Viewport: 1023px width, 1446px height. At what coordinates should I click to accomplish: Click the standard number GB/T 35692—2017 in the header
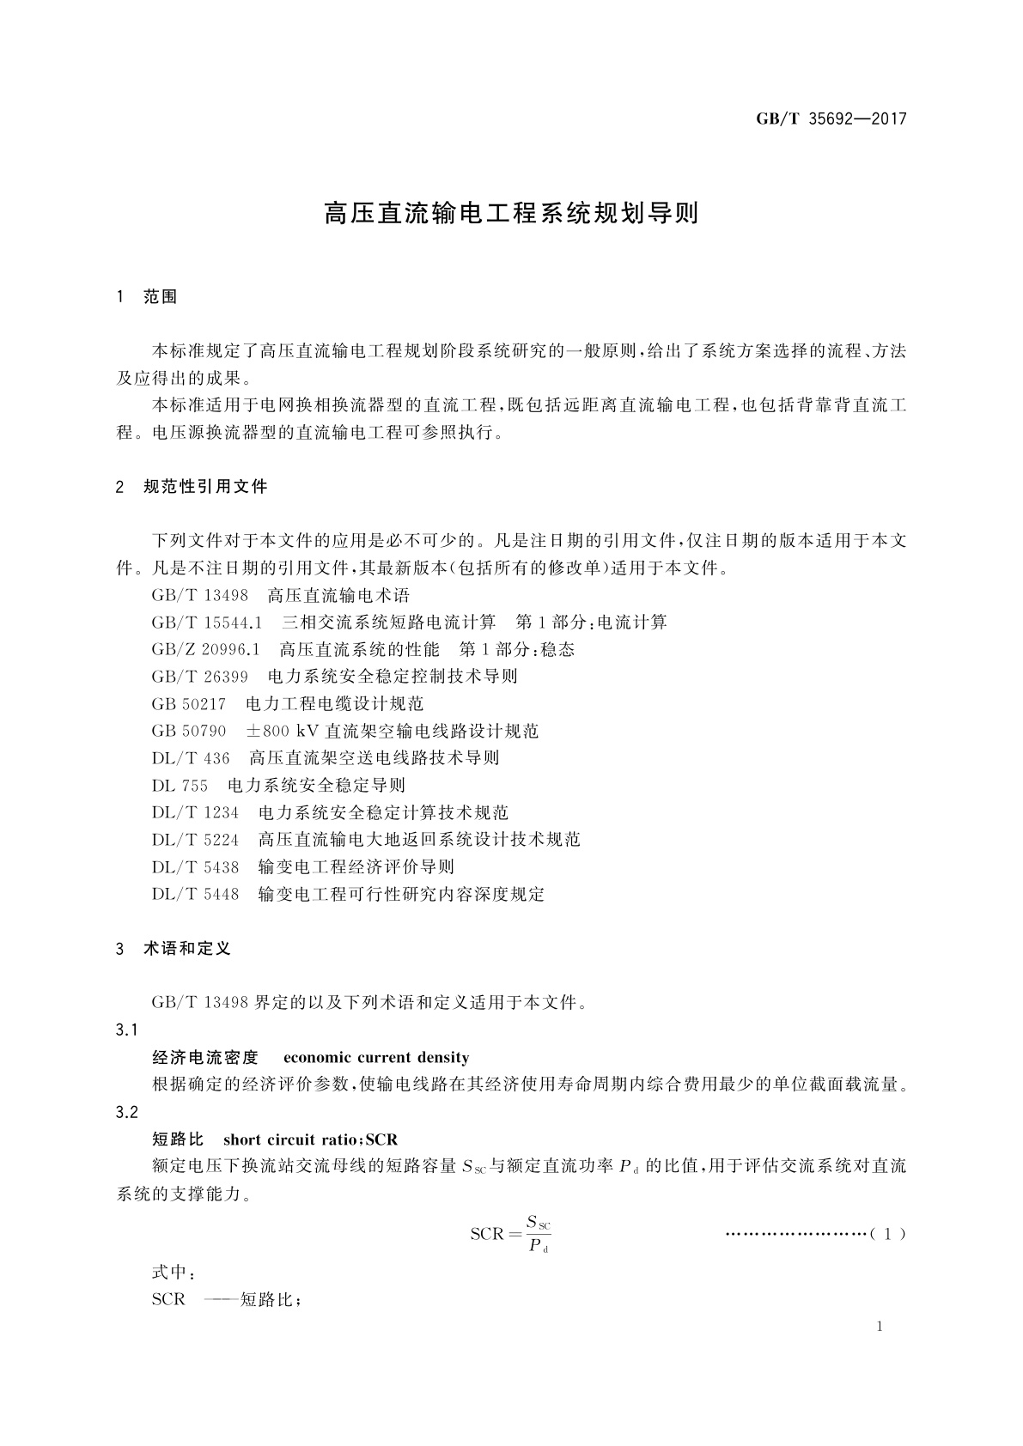click(831, 119)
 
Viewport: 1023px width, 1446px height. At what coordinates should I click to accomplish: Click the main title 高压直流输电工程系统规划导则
click(511, 214)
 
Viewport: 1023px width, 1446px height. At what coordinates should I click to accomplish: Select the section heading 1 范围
click(147, 297)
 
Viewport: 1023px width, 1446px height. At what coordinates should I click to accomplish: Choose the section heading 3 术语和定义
click(174, 949)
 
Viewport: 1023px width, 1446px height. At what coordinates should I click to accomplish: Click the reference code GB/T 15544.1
click(207, 623)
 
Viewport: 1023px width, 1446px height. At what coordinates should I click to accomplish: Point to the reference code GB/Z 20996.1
click(206, 650)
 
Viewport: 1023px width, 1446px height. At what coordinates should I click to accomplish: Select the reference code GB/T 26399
click(200, 677)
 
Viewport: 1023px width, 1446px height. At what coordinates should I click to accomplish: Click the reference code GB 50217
click(189, 704)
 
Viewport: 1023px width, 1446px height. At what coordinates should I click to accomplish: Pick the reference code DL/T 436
click(192, 758)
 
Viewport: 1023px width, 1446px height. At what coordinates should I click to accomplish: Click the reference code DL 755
click(180, 786)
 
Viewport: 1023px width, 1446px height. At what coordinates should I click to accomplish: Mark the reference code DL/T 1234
click(196, 812)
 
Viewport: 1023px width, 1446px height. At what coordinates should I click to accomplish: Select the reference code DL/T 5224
click(196, 840)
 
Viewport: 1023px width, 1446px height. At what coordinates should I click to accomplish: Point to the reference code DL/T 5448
click(196, 895)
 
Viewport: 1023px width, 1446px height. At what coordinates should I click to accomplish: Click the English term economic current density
click(376, 1058)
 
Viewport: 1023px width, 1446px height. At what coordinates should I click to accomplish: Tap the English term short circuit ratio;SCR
click(310, 1140)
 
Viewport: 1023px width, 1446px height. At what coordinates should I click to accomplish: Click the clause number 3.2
click(126, 1113)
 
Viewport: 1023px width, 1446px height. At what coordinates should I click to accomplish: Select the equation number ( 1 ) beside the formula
click(887, 1235)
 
